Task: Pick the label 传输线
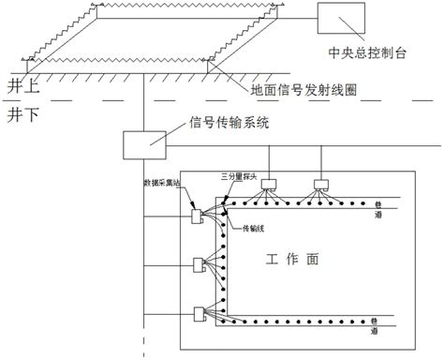pyautogui.click(x=254, y=227)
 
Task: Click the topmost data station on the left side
pyautogui.click(x=197, y=216)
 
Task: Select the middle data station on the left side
pyautogui.click(x=197, y=263)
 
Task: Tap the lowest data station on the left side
pyautogui.click(x=197, y=313)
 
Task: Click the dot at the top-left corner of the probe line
pyautogui.click(x=222, y=202)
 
